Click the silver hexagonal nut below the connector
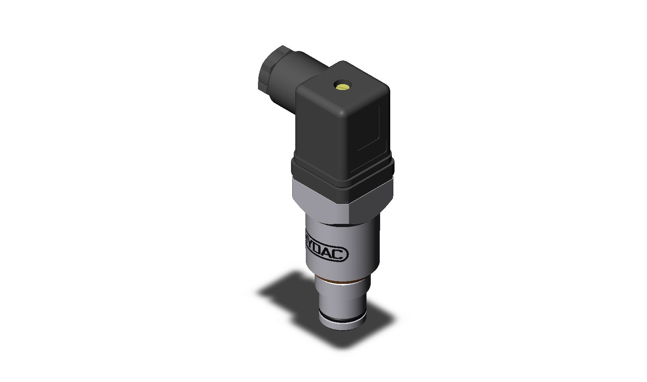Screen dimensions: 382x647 [x=319, y=201]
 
